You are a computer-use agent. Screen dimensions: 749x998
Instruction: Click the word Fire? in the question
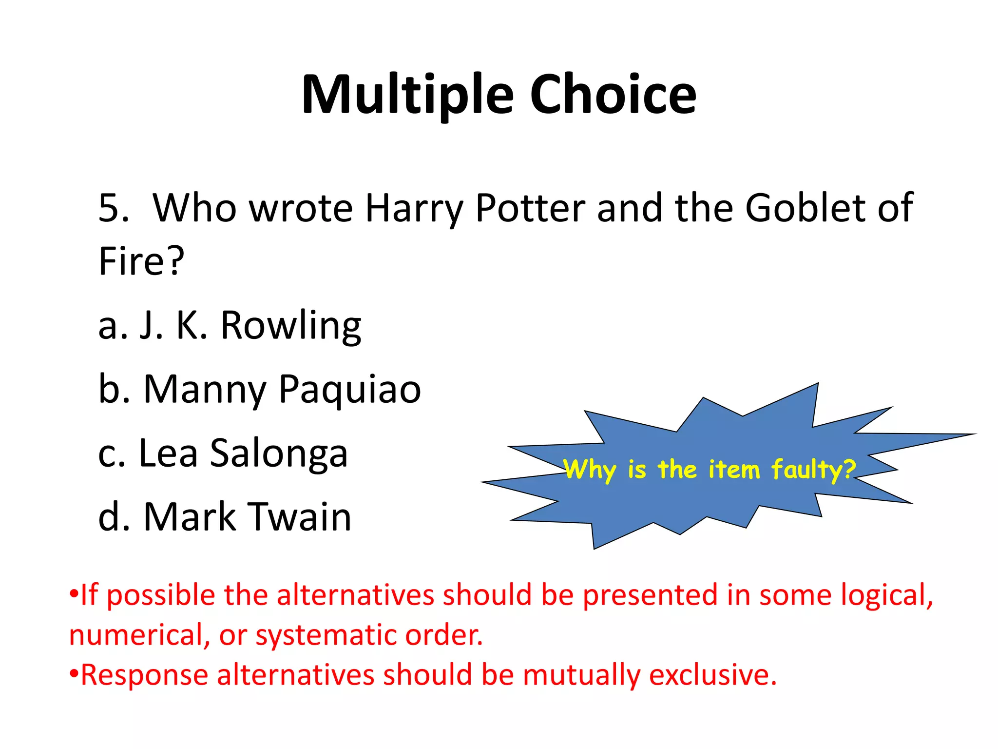(x=141, y=261)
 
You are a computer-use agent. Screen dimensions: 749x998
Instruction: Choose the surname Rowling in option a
(x=291, y=326)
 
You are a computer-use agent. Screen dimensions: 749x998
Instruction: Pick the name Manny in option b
(x=205, y=390)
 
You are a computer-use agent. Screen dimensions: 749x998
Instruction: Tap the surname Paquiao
(x=350, y=390)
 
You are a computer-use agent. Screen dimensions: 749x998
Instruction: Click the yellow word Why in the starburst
(x=590, y=471)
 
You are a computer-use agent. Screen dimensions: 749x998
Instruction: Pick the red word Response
(x=144, y=675)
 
